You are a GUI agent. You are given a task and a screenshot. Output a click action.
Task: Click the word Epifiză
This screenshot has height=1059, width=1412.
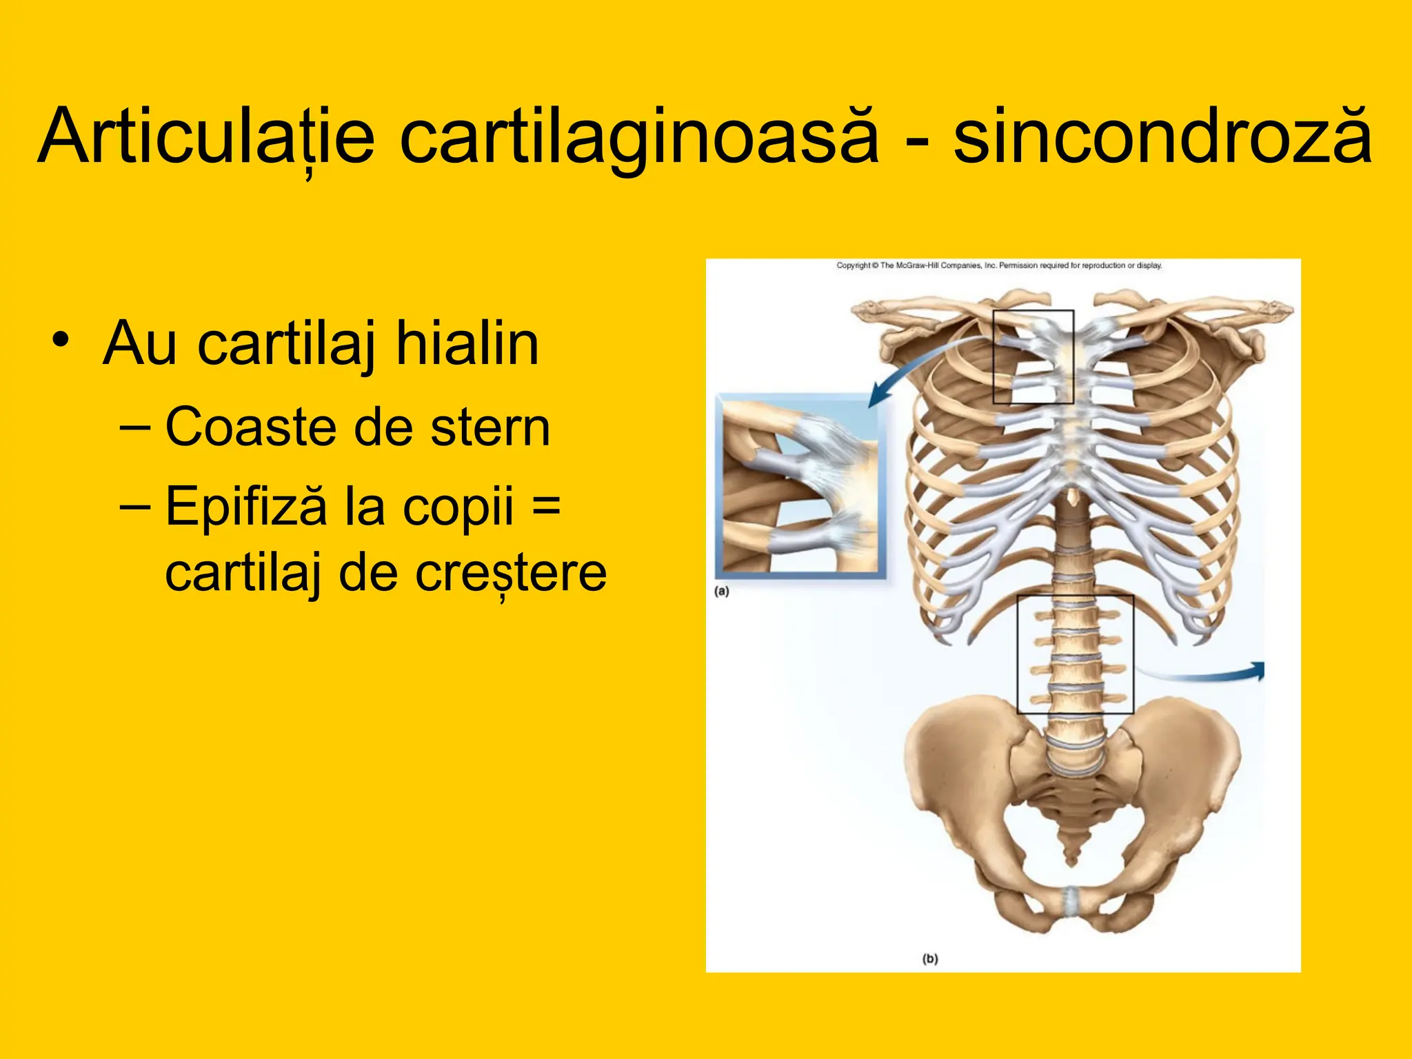pos(245,505)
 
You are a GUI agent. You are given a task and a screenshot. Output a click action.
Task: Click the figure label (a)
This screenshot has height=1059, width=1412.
pos(722,591)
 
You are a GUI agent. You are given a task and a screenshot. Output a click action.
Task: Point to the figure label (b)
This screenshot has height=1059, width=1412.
pos(930,958)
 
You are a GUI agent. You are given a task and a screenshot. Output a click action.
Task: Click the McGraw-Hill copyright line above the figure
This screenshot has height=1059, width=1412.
pos(999,265)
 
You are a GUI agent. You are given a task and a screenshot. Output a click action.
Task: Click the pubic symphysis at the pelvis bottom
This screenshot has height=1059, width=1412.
pos(1070,900)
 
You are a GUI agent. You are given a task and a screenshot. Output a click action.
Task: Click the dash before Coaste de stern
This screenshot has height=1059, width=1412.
pos(134,427)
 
